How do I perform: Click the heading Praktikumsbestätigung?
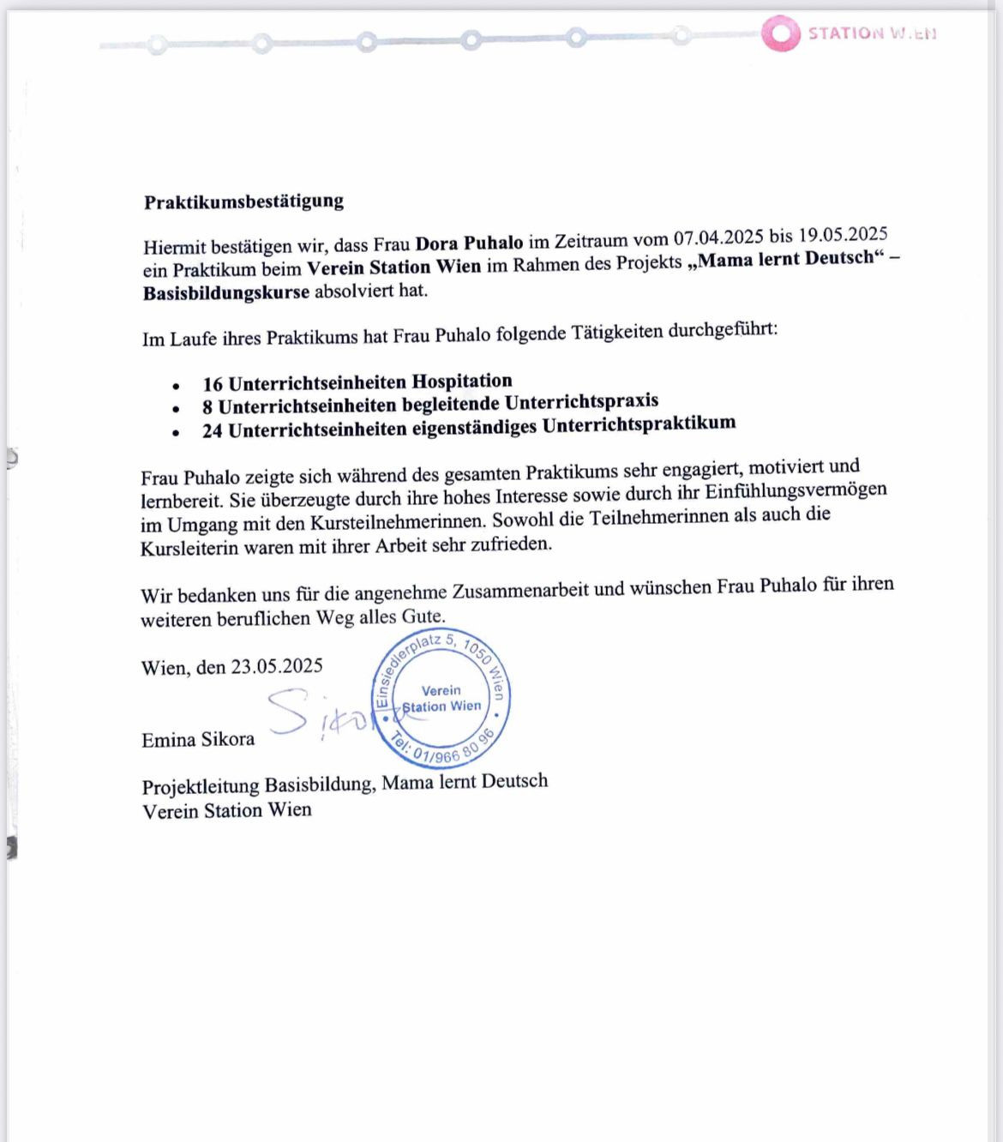[243, 201]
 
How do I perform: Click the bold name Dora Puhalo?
[469, 243]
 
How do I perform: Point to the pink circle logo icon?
[780, 33]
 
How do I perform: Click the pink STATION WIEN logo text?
[872, 33]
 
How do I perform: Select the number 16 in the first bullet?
[213, 384]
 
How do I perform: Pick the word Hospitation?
[462, 381]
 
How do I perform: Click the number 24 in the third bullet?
[213, 430]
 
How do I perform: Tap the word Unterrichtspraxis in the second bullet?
[581, 401]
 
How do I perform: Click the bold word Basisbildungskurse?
[226, 292]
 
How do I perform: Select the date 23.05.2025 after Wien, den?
[277, 666]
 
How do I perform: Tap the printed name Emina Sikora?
[198, 739]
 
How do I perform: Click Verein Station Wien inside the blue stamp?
[441, 699]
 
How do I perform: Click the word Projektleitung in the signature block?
[201, 786]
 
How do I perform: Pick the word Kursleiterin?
[189, 548]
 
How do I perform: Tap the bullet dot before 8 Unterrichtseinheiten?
[176, 409]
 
